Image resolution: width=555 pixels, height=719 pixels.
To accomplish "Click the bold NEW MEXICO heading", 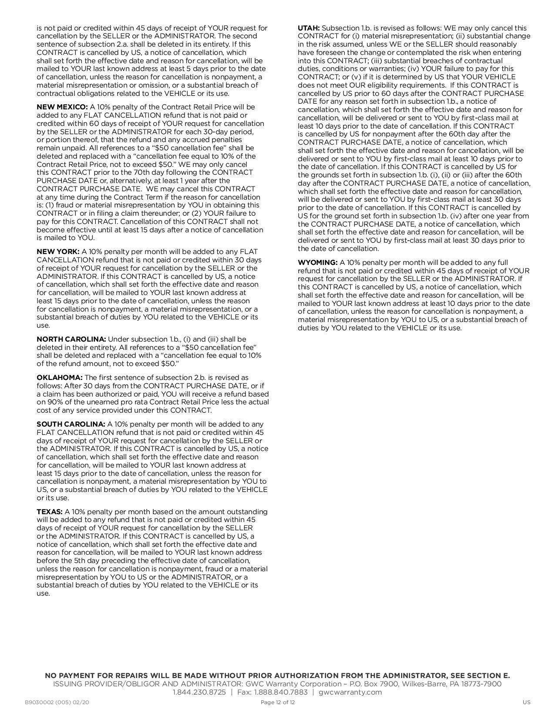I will (62, 107).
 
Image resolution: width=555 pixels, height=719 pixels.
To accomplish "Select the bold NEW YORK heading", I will (58, 252).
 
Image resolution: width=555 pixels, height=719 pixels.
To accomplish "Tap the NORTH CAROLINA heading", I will (71, 339).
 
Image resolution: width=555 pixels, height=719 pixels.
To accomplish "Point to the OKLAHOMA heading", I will (60, 378).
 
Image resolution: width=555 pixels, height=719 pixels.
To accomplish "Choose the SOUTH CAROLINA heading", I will (71, 424).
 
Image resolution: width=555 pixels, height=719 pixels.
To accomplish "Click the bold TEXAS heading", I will (50, 512).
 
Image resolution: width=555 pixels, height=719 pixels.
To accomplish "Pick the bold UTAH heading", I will (309, 28).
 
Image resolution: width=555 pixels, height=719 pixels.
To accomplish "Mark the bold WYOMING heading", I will (318, 263).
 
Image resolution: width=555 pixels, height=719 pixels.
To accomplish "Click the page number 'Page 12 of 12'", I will (278, 702).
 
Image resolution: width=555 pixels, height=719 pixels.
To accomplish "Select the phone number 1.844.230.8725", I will (199, 692).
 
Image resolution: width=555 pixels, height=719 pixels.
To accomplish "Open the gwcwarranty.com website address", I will (350, 692).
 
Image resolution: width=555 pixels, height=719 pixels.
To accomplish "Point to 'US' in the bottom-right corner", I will (527, 702).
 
